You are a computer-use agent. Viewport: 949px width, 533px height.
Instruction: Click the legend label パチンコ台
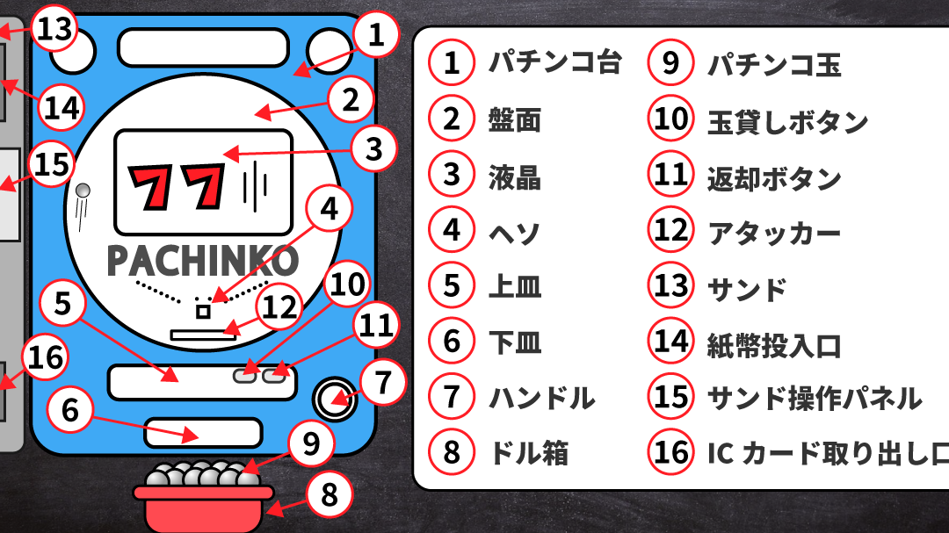pos(555,62)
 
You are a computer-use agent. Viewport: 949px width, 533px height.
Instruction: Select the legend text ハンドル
pos(541,398)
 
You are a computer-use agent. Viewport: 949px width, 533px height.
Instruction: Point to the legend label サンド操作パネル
pos(815,398)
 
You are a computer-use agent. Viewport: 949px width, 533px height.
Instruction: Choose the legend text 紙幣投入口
pos(775,345)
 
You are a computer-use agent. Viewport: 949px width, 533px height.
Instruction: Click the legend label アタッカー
pos(774,232)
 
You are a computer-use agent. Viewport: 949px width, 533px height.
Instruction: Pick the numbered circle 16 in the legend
pos(670,452)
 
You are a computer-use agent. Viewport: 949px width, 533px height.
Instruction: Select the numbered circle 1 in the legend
pos(452,62)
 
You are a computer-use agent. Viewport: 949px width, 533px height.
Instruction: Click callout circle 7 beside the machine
pos(383,382)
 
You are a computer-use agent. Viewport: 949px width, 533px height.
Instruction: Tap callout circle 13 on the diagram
pos(54,28)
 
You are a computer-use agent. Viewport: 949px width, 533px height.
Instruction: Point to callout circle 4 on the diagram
pos(330,209)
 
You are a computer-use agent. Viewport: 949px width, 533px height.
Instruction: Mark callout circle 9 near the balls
pos(311,444)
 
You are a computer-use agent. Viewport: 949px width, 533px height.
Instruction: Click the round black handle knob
pos(334,399)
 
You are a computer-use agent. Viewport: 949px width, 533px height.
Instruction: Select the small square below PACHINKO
pos(203,312)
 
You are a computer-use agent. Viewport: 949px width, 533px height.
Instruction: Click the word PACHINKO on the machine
pos(203,260)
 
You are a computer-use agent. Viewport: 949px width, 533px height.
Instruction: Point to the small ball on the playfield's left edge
pos(83,191)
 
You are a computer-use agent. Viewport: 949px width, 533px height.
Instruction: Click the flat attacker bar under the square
pos(203,335)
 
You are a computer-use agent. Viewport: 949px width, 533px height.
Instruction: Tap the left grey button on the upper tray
pos(245,376)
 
